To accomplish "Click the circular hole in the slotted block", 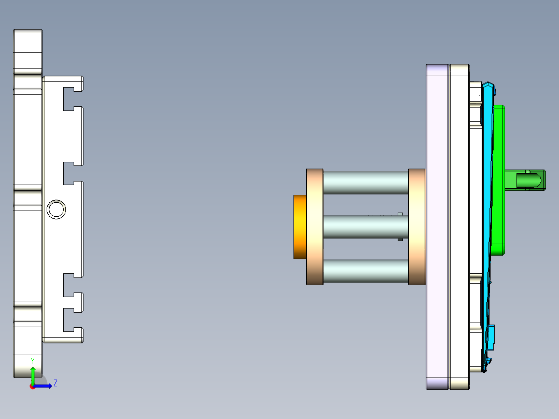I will [56, 209].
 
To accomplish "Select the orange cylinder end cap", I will [300, 227].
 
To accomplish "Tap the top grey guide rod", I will [366, 183].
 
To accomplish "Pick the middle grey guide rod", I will [366, 227].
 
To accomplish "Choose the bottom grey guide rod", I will [366, 271].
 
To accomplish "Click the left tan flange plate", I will [315, 227].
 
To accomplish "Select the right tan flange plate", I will [416, 227].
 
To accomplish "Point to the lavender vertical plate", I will [437, 227].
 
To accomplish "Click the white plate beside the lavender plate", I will [459, 227].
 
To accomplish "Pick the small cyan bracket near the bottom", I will [492, 336].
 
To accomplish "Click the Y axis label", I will [33, 360].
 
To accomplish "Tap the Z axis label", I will [55, 383].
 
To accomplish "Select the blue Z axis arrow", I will [44, 386].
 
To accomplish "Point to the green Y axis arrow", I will [33, 374].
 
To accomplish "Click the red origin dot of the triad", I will [32, 386].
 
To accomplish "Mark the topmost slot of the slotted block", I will [73, 99].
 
